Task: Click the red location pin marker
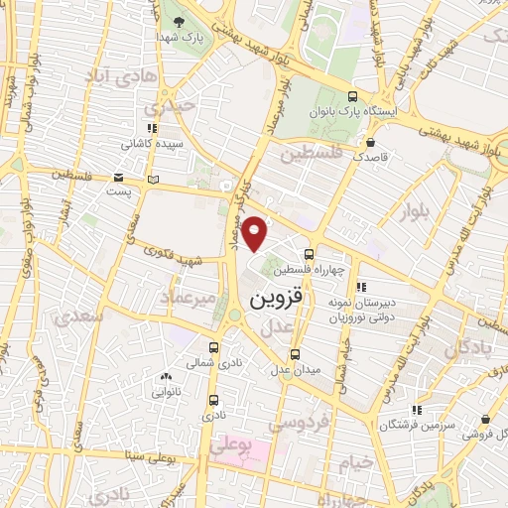(256, 234)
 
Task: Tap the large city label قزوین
(271, 298)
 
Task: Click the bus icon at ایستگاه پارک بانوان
(354, 97)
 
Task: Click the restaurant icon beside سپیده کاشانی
(152, 128)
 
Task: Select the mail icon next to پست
(152, 180)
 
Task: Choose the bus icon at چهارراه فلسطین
(310, 254)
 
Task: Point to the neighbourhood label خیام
(360, 461)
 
